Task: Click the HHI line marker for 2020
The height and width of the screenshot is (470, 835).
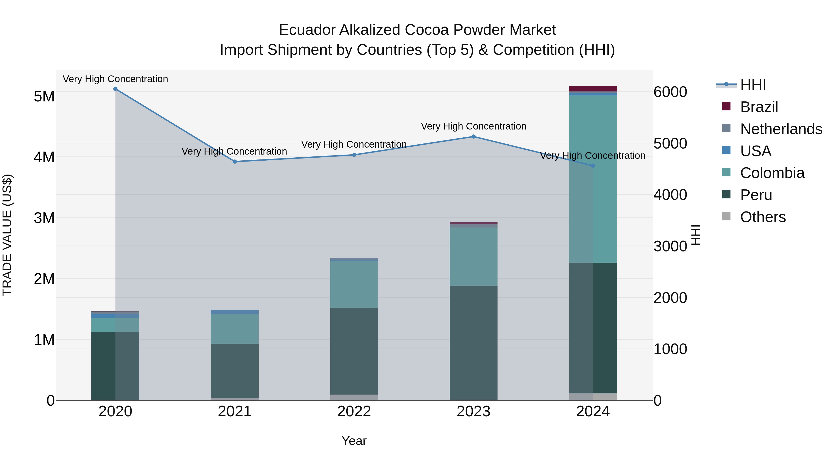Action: pos(116,89)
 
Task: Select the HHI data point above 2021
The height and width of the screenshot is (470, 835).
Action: pos(235,162)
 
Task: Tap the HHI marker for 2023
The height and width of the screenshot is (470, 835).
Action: pos(473,136)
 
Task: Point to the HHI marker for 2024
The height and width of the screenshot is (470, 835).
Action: pos(593,166)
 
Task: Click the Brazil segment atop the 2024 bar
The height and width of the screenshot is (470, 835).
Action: pos(593,89)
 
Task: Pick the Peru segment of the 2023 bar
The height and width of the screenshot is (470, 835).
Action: pos(473,342)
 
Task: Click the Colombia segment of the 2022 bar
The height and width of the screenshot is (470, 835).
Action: pos(354,285)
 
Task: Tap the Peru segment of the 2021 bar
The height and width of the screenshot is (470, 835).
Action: pos(235,370)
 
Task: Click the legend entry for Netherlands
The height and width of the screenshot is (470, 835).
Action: pos(781,129)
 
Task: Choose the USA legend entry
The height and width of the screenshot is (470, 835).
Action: pos(755,151)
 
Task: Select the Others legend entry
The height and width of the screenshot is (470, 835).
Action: pos(763,217)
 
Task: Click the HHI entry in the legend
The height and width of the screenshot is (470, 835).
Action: pos(753,85)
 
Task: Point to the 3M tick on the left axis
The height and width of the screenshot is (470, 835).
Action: pos(44,218)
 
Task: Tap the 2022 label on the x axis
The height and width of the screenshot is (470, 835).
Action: pos(354,412)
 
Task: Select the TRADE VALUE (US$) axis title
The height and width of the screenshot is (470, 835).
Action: pos(7,235)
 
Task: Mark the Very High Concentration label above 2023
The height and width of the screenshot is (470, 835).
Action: pos(473,126)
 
